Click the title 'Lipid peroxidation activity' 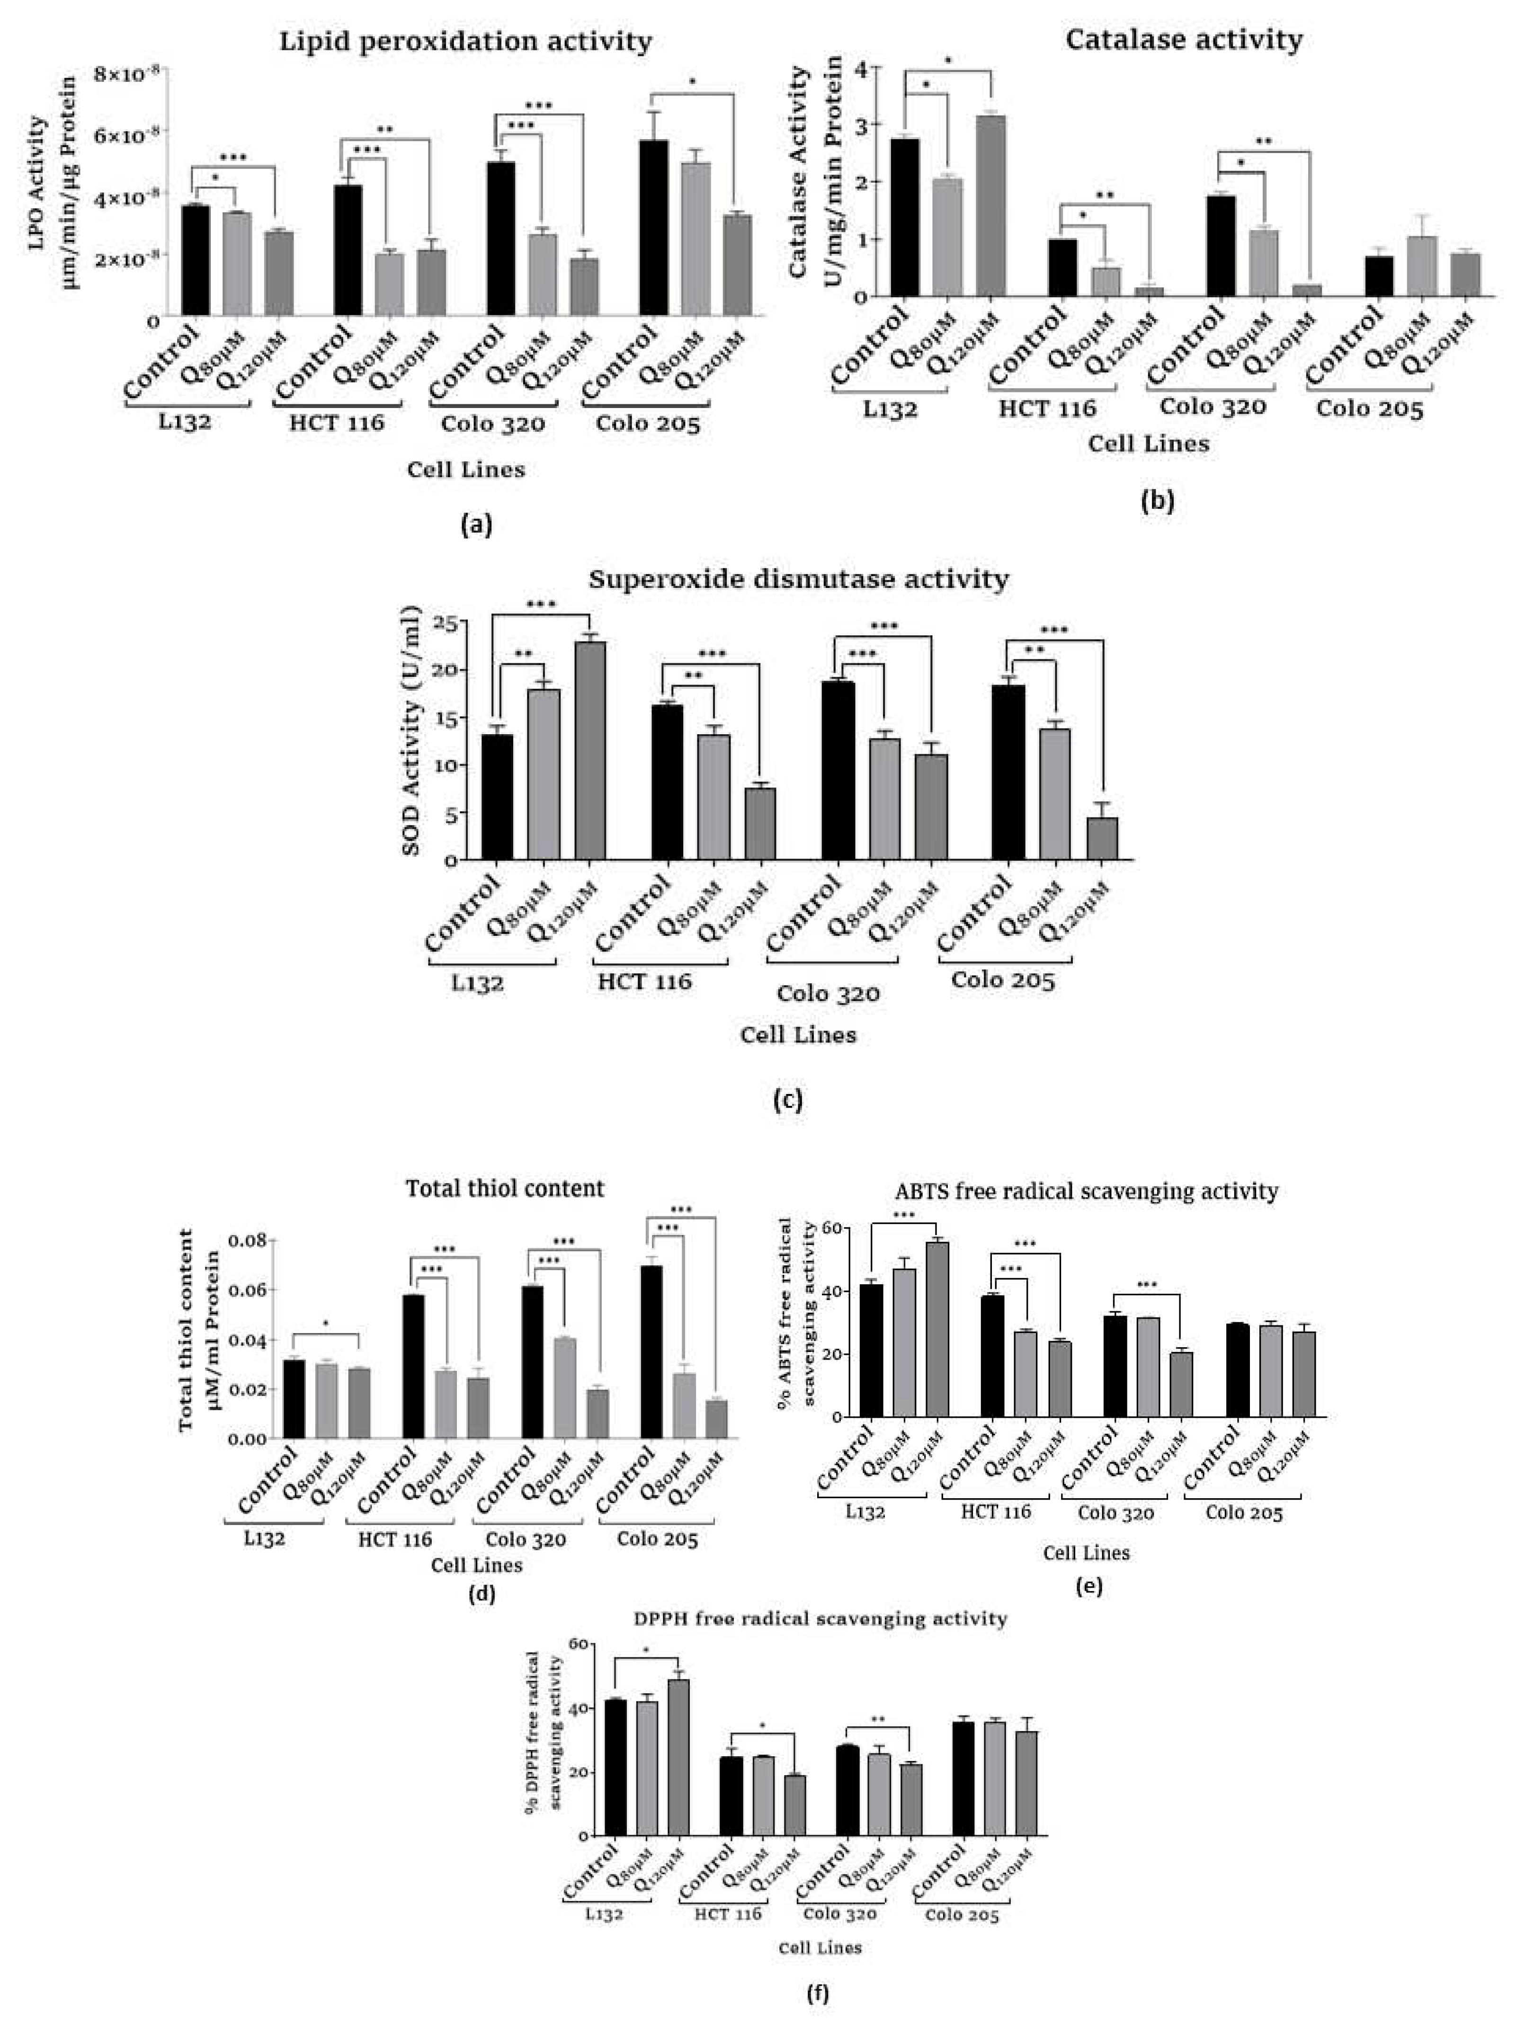(x=465, y=41)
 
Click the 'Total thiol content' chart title (x=505, y=1189)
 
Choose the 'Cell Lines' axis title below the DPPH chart (x=820, y=1947)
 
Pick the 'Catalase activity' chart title (x=1183, y=39)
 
